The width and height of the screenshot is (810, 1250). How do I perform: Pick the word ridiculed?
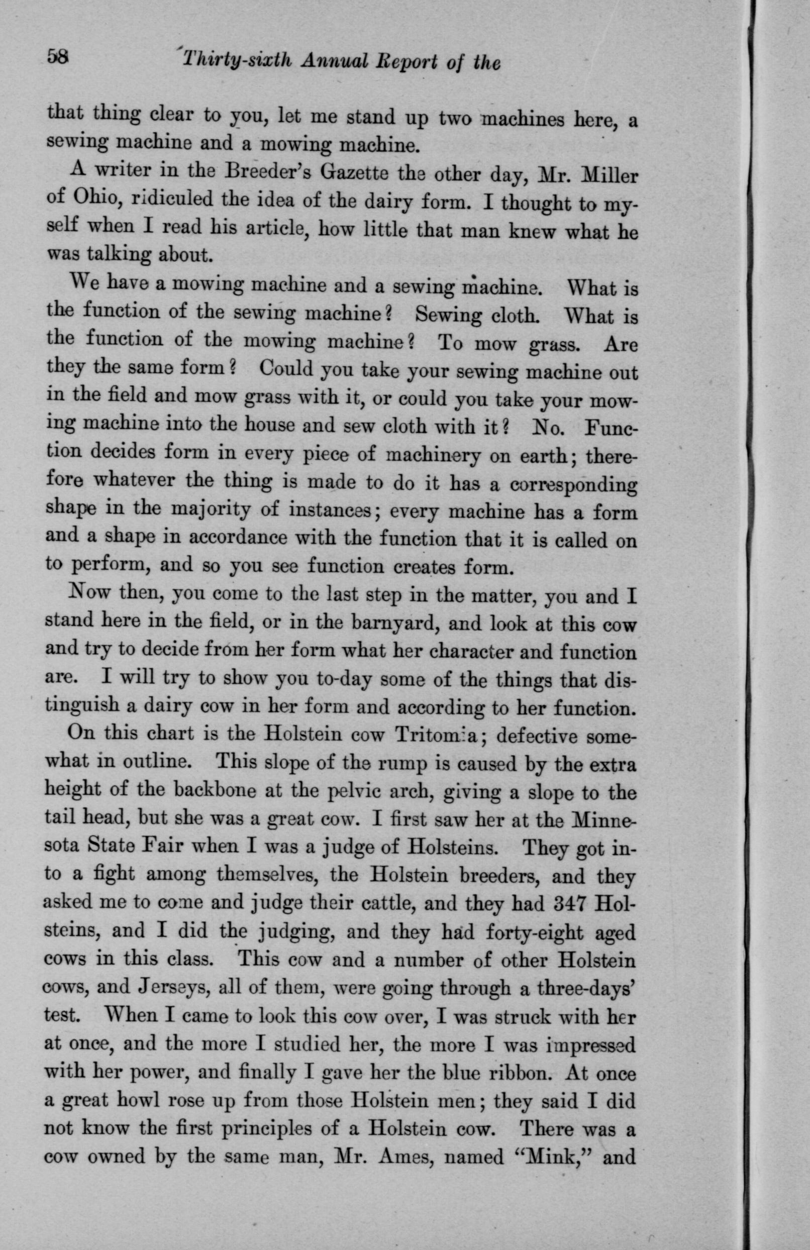point(165,199)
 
